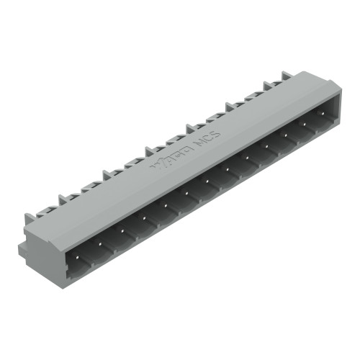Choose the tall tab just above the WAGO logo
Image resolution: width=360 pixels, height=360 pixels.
(150, 150)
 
